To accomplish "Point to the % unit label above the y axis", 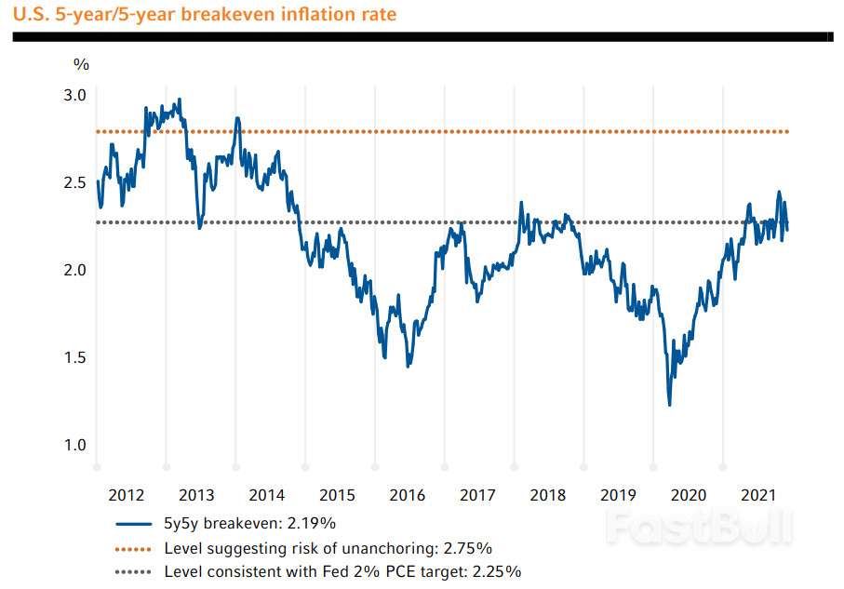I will coord(82,64).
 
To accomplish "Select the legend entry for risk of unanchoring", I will coord(328,547).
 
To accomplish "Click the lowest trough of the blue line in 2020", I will coord(669,404).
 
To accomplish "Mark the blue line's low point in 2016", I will coord(409,366).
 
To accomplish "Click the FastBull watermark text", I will coord(700,528).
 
